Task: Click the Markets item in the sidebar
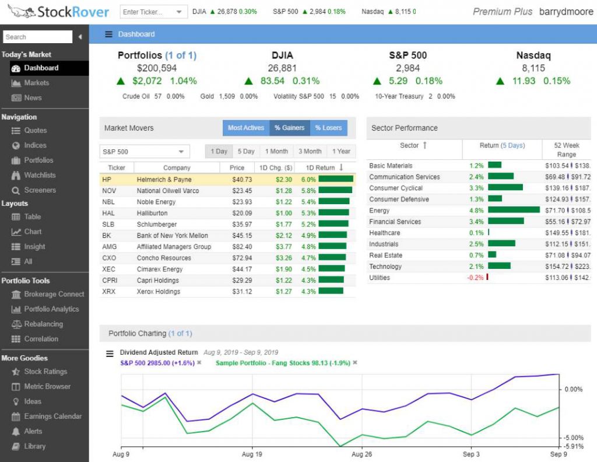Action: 36,83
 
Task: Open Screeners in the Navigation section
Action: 40,190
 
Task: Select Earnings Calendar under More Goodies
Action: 52,416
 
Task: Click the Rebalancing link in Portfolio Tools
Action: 43,324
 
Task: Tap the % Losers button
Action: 328,128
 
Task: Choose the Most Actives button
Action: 245,128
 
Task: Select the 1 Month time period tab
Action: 276,152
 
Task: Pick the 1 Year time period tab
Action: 341,152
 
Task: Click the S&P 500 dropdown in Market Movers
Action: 145,152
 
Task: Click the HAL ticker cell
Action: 108,213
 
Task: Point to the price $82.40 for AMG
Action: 242,247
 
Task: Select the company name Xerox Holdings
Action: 158,291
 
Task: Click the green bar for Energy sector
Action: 514,211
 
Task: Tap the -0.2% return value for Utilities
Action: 475,278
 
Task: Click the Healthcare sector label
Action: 384,233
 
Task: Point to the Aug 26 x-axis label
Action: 362,454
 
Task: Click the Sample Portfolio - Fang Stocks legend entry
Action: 283,363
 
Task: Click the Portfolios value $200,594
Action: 157,68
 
